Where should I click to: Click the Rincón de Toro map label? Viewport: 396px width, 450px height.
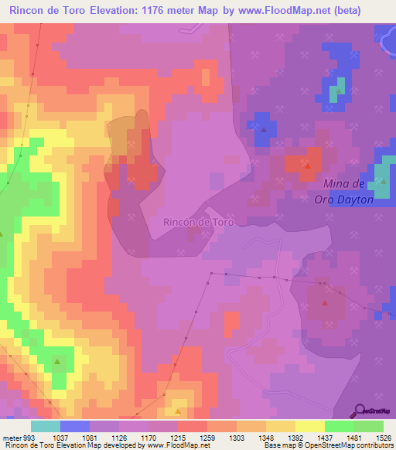(198, 222)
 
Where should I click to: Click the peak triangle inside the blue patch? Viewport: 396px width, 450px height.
(264, 130)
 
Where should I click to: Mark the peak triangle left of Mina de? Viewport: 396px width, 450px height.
(308, 165)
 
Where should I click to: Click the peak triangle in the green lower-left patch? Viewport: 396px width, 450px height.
(57, 362)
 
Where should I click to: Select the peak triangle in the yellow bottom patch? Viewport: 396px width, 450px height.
(178, 411)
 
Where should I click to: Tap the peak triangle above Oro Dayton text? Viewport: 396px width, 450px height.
(382, 182)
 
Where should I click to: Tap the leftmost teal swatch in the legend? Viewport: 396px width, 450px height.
(45, 426)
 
